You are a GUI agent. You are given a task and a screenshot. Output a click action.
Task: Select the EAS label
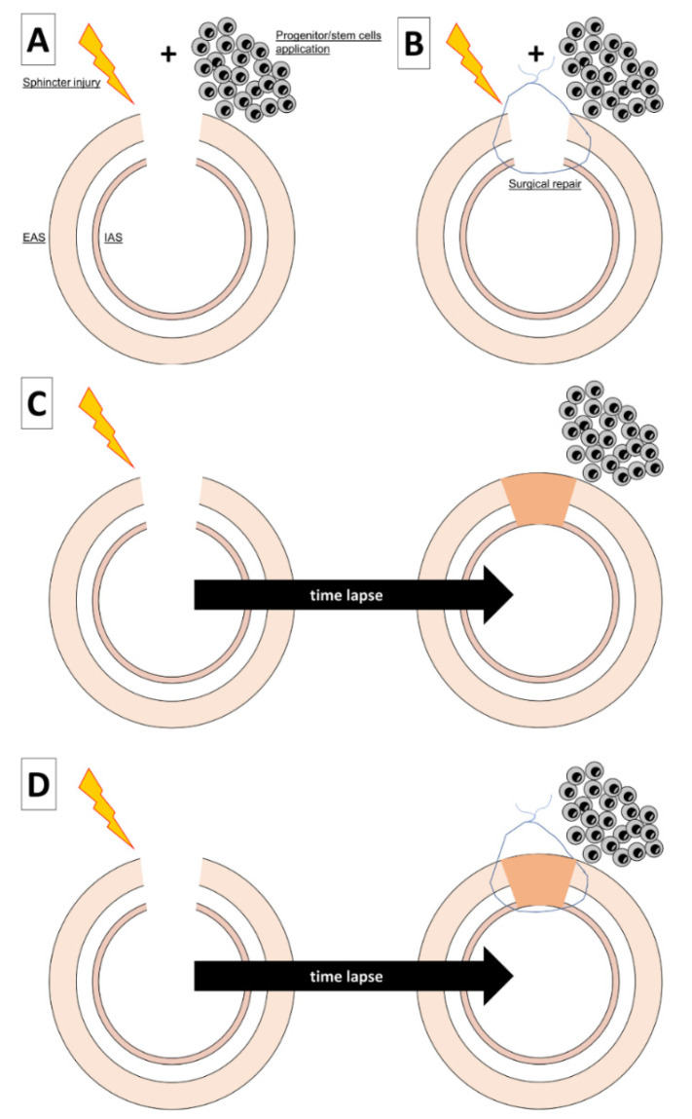tap(32, 236)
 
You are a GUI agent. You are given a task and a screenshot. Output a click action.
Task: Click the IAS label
tap(114, 236)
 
